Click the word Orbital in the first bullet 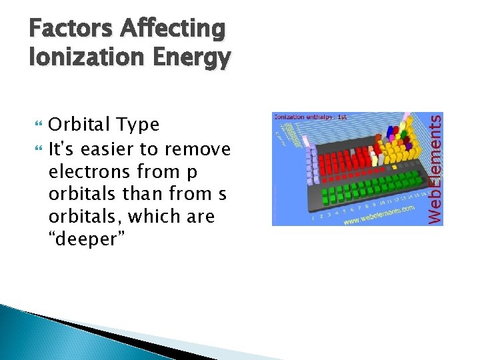point(80,125)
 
